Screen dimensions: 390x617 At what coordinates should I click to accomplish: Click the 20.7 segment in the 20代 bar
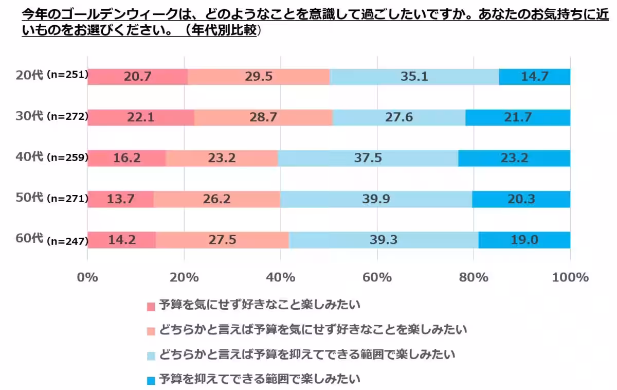pos(137,77)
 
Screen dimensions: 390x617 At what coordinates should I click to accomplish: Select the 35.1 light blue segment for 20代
pos(414,77)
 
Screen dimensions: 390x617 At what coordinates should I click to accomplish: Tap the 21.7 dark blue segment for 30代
pos(518,117)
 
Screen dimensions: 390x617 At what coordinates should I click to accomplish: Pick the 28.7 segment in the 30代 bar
pos(264,117)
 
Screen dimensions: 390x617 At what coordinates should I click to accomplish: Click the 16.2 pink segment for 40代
pos(126,158)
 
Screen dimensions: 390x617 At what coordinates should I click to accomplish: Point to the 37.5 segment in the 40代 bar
pos(368,158)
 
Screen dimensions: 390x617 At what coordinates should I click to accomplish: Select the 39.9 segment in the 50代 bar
pos(376,199)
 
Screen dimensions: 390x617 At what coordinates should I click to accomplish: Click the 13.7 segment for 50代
pos(120,199)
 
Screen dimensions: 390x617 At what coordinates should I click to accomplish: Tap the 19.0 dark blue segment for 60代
pos(524,240)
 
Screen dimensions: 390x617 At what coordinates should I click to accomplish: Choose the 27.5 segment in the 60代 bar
pos(222,240)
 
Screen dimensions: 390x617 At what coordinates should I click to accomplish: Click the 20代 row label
pos(29,75)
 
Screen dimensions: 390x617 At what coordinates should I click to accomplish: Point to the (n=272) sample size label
pos(67,116)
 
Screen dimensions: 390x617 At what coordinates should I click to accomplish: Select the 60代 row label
pos(29,238)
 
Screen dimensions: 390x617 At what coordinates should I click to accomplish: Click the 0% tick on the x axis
pos(87,277)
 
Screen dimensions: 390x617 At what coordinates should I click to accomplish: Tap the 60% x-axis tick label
pos(377,277)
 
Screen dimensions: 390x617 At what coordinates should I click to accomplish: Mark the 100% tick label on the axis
pos(570,277)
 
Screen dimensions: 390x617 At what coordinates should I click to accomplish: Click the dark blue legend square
pos(151,381)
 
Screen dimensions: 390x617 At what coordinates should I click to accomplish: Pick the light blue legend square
pos(151,356)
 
